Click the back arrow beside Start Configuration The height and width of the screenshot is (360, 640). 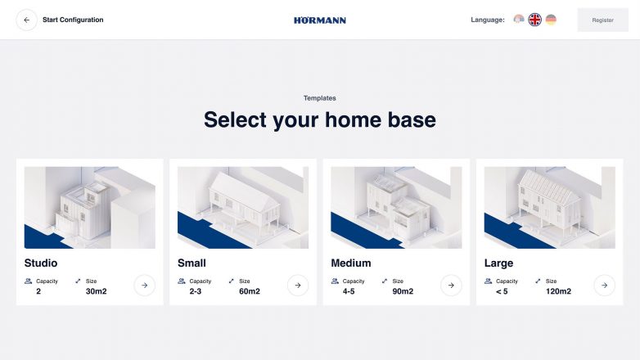coord(26,20)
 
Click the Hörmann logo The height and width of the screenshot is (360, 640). coord(320,20)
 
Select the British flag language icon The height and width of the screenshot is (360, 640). coord(534,19)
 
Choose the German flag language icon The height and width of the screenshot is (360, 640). coord(551,19)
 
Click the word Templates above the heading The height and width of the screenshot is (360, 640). coord(320,98)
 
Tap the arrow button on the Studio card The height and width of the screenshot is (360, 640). coord(145,285)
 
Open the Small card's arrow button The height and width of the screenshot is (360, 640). coord(298,285)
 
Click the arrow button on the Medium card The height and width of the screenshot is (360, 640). coord(451,285)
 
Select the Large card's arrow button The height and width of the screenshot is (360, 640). coord(605,285)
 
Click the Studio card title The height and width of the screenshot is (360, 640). coord(41,263)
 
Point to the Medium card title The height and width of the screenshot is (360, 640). coord(351,263)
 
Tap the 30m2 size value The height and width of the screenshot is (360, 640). coord(97,291)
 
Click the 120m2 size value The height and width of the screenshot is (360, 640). coord(558,291)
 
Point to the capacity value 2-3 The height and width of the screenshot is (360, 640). coord(195,291)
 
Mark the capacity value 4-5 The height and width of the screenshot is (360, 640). coord(349,291)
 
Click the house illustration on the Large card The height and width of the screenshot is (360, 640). coord(549,207)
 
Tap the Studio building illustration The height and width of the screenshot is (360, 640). coord(90,207)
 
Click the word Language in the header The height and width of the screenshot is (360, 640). coord(487,20)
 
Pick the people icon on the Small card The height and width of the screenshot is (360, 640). coord(181,281)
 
